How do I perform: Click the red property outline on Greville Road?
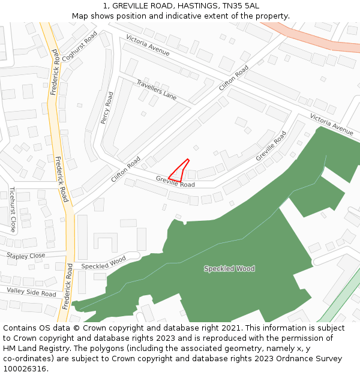pyautogui.click(x=179, y=171)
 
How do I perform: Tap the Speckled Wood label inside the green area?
pyautogui.click(x=229, y=269)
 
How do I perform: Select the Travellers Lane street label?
pyautogui.click(x=156, y=89)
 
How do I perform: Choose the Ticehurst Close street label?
pyautogui.click(x=12, y=209)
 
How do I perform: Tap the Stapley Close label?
pyautogui.click(x=26, y=256)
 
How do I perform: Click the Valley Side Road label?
pyautogui.click(x=32, y=292)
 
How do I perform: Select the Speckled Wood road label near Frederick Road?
pyautogui.click(x=103, y=263)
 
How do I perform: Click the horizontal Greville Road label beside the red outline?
pyautogui.click(x=175, y=181)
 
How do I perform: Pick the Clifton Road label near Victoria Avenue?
pyautogui.click(x=233, y=79)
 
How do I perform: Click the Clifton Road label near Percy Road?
pyautogui.click(x=125, y=170)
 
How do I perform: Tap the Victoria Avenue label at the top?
pyautogui.click(x=148, y=46)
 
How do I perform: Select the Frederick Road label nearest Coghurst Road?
pyautogui.click(x=55, y=73)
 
